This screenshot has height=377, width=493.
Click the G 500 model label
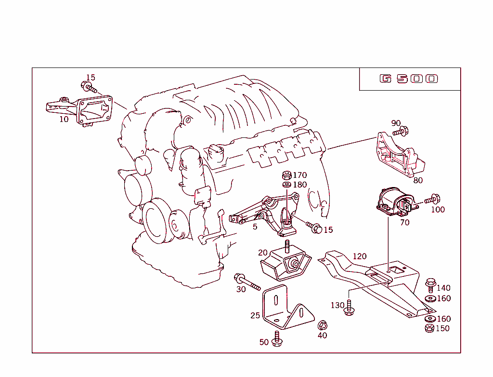click(409, 79)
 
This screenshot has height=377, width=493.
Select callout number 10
click(64, 119)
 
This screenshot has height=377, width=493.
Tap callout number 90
click(396, 123)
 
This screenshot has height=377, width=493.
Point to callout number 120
click(359, 256)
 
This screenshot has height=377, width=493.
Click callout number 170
click(299, 175)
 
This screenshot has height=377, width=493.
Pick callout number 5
click(255, 226)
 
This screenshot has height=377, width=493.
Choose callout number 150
click(442, 328)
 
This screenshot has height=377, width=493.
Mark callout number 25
click(255, 315)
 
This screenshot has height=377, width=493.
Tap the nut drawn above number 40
click(323, 325)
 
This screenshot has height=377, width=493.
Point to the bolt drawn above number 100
click(432, 199)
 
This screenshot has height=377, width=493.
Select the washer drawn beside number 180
click(286, 185)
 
